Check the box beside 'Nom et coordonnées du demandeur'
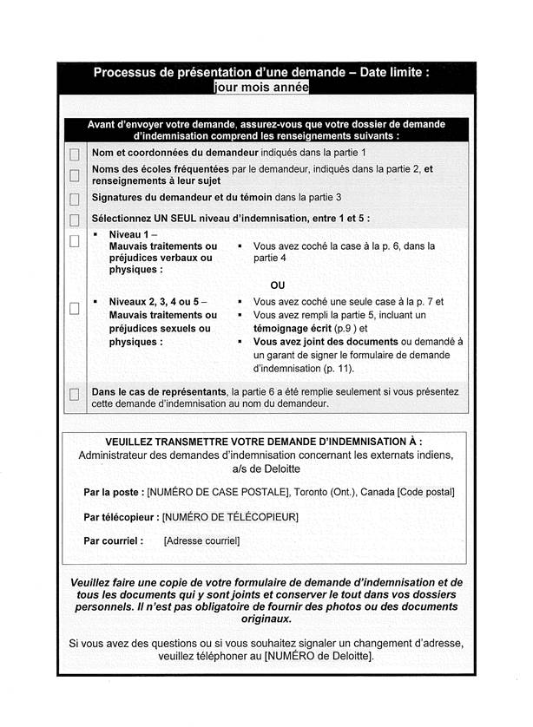[x=74, y=154]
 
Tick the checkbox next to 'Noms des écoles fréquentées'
[x=74, y=175]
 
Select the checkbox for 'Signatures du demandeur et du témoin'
[x=74, y=199]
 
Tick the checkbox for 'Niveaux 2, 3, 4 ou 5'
[x=74, y=308]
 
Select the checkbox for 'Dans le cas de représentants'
[x=74, y=396]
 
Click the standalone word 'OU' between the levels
[x=277, y=285]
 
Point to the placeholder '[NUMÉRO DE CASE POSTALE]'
[x=218, y=492]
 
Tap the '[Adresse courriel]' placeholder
[x=201, y=540]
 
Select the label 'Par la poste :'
[x=114, y=492]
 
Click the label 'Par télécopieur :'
[x=122, y=517]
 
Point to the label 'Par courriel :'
[x=114, y=540]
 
